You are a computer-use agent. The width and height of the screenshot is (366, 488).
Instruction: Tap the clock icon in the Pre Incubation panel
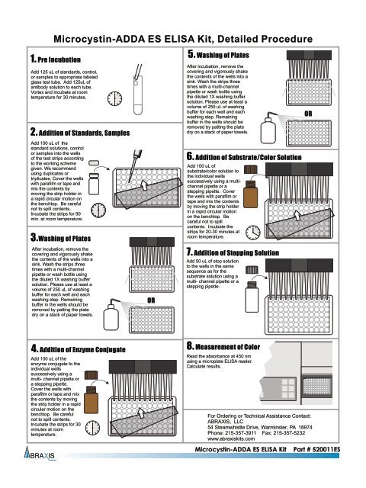pyautogui.click(x=114, y=98)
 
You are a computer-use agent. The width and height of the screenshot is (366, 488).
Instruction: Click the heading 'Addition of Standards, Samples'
pyautogui.click(x=84, y=133)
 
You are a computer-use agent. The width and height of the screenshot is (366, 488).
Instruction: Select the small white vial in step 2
pyautogui.click(x=94, y=184)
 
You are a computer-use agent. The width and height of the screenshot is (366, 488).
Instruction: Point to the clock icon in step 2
pyautogui.click(x=98, y=210)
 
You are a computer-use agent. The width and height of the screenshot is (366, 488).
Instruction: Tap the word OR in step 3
pyautogui.click(x=151, y=300)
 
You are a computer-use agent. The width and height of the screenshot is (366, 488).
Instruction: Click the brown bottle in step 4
pyautogui.click(x=91, y=400)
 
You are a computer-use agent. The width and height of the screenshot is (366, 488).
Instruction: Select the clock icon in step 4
pyautogui.click(x=93, y=428)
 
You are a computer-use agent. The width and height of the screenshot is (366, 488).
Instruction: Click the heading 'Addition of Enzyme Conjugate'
pyautogui.click(x=82, y=349)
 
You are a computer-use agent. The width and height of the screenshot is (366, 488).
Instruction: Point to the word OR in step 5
pyautogui.click(x=308, y=114)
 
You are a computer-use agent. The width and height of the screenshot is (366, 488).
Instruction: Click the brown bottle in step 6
pyautogui.click(x=250, y=194)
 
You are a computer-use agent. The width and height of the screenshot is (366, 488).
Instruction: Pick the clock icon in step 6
pyautogui.click(x=253, y=232)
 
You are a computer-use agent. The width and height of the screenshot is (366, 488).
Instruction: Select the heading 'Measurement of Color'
pyautogui.click(x=227, y=347)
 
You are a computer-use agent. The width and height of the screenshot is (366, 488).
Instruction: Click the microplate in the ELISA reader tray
pyautogui.click(x=316, y=387)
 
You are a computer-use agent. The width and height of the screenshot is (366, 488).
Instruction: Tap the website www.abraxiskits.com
pyautogui.click(x=231, y=438)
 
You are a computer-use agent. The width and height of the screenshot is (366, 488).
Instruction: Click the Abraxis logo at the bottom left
pyautogui.click(x=40, y=454)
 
